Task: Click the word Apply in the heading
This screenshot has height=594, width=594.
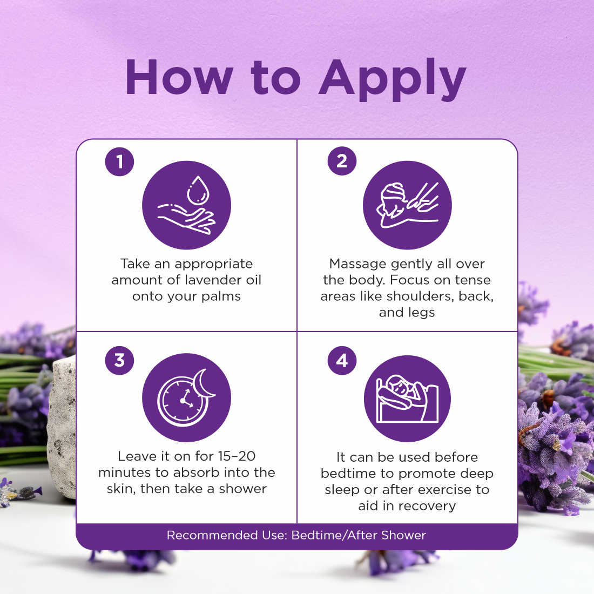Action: (x=393, y=80)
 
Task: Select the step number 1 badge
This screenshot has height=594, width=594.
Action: (x=119, y=161)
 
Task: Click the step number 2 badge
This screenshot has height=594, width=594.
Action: (x=342, y=161)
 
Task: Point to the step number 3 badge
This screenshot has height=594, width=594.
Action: (x=119, y=360)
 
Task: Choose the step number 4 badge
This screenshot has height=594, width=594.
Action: (x=342, y=360)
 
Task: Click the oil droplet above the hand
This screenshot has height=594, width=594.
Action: (x=197, y=190)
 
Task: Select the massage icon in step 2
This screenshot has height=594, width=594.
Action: (x=407, y=205)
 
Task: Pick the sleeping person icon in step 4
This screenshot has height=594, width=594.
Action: (x=407, y=399)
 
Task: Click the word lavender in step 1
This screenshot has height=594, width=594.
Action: (x=211, y=280)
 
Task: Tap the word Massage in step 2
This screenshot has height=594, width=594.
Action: (x=357, y=264)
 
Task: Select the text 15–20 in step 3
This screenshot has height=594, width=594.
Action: (x=237, y=456)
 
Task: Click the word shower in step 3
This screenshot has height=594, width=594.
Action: (x=242, y=489)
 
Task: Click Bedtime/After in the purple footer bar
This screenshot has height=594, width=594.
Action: (x=334, y=535)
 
